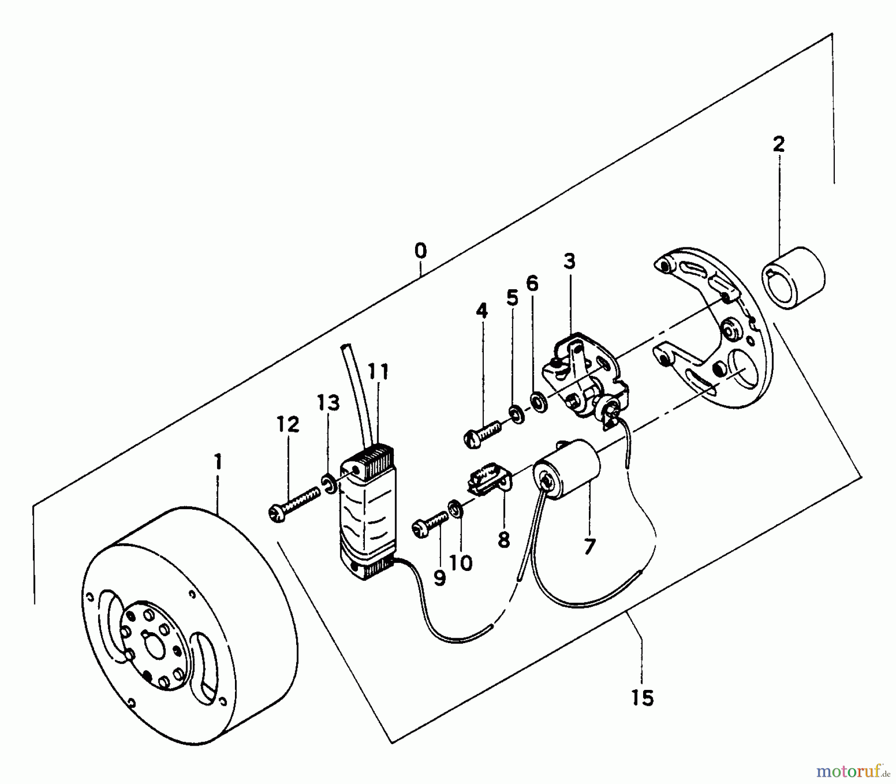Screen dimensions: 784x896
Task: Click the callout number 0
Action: tap(421, 251)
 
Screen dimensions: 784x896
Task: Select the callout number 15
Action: tap(642, 698)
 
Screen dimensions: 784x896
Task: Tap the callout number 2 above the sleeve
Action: tap(779, 144)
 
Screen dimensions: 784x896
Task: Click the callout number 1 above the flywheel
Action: tap(218, 462)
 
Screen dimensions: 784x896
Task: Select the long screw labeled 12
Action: tap(294, 505)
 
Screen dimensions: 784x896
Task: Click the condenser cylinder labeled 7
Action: tap(567, 465)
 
